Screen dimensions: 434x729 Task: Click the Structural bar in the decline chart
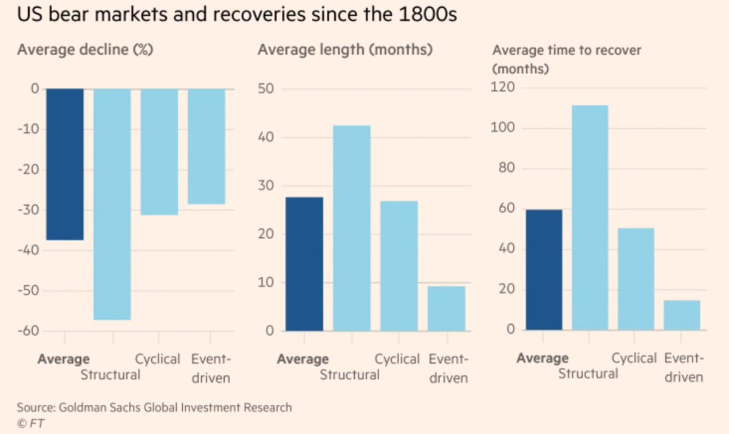coord(112,204)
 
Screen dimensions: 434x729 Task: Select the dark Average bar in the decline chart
coord(65,164)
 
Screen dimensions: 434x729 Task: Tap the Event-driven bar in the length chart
coord(447,308)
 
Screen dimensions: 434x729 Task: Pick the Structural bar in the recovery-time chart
coord(589,217)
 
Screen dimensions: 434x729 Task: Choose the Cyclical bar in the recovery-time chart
coord(636,279)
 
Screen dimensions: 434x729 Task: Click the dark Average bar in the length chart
coord(304,264)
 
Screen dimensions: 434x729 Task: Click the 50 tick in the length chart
coord(267,89)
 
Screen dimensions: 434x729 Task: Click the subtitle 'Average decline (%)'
coord(85,50)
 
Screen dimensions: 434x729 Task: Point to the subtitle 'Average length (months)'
coord(345,50)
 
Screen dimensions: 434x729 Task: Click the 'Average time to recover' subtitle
coord(566,50)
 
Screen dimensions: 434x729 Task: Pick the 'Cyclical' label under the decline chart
coord(158,359)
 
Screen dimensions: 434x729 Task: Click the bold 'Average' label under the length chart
coord(303,359)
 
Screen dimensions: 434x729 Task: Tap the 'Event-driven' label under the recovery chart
coord(684,367)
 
